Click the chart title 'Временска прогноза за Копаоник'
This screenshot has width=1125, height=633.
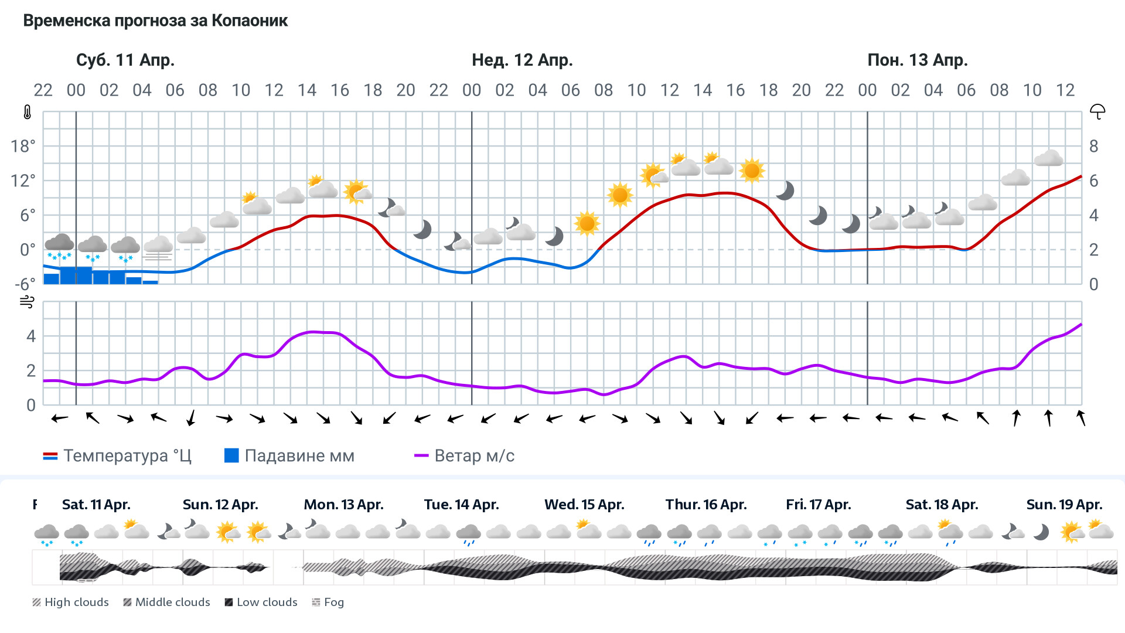tap(155, 21)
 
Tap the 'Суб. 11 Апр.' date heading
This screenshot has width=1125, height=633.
tap(125, 60)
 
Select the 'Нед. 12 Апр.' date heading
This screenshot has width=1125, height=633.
tap(522, 60)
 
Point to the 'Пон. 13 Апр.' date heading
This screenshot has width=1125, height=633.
tap(918, 60)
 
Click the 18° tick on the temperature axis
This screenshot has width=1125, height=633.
tap(23, 146)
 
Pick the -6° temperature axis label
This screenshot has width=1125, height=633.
tap(25, 284)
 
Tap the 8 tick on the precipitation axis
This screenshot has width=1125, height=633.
tap(1093, 146)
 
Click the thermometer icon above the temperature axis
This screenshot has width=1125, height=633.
tap(28, 112)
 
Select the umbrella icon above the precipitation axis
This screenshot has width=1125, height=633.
tap(1097, 111)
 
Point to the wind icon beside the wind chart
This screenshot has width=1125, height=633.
tap(27, 302)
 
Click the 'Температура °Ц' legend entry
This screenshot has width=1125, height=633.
tap(117, 456)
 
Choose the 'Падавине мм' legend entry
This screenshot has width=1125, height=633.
tap(289, 456)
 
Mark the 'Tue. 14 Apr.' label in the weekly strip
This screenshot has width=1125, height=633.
tap(461, 505)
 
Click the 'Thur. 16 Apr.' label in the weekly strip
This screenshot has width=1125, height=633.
tap(706, 505)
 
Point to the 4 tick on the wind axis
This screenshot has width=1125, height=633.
tap(31, 336)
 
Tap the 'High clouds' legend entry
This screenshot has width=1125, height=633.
tap(70, 603)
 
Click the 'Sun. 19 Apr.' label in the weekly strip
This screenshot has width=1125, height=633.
tap(1064, 505)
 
